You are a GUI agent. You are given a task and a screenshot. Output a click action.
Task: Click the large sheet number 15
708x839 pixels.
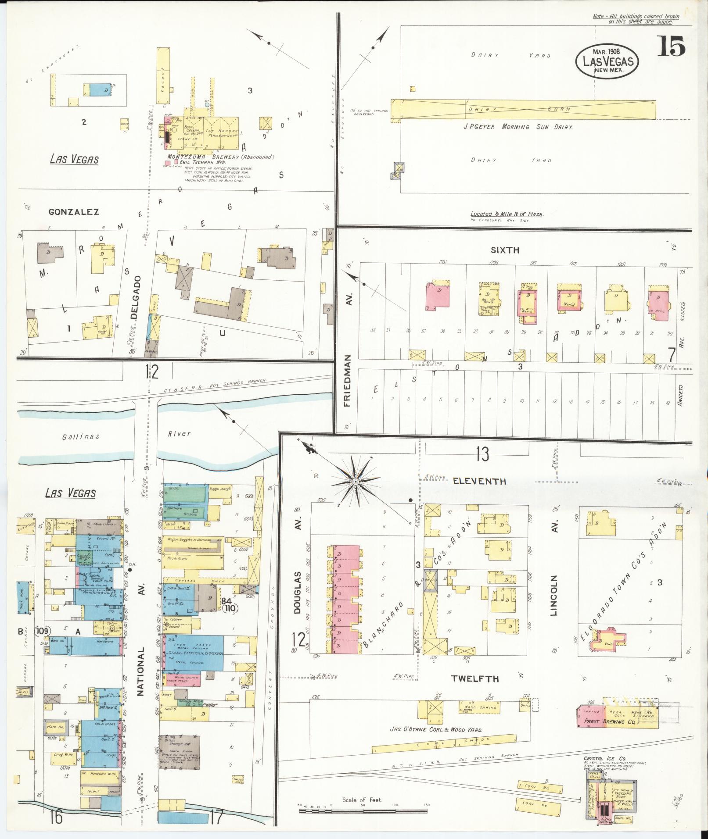[671, 46]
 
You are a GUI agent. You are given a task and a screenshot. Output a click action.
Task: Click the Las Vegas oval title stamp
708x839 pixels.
[607, 61]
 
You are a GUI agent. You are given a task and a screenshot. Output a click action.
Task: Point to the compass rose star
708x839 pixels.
[356, 482]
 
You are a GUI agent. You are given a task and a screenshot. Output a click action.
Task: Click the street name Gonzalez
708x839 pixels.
[74, 212]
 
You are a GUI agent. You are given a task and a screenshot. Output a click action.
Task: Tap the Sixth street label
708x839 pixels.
[505, 250]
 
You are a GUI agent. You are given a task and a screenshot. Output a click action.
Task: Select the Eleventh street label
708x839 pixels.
[479, 481]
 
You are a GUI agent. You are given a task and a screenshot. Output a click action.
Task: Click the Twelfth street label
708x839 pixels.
[475, 678]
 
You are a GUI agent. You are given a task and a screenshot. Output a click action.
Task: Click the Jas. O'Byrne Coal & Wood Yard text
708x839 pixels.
[436, 730]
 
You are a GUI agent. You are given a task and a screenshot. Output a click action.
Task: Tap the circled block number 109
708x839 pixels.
[45, 631]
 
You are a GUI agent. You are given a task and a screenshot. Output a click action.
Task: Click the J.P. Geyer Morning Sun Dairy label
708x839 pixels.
[518, 126]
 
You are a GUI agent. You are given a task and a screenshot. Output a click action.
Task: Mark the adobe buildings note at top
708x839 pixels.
[636, 19]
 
